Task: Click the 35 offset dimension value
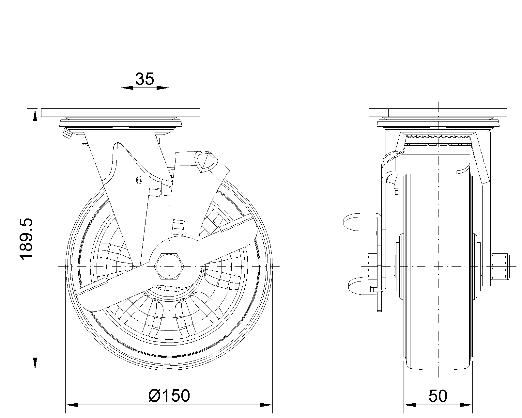point(145,79)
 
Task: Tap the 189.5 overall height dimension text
point(26,239)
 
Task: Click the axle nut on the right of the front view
point(500,267)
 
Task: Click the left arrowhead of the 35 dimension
point(127,88)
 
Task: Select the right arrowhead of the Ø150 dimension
point(266,405)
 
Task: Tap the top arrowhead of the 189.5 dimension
point(35,115)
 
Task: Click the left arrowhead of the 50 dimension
point(410,405)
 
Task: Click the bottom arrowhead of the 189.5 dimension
point(35,364)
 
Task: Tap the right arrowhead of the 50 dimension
point(466,405)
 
